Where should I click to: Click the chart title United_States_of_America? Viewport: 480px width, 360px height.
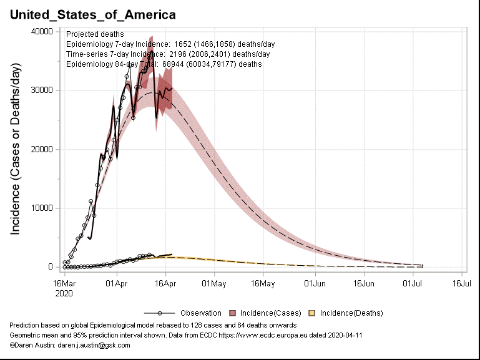coord(92,14)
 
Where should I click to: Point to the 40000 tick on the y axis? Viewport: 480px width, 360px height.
coord(42,32)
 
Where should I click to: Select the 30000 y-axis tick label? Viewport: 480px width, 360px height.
coord(42,90)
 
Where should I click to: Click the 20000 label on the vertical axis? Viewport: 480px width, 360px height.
coord(42,149)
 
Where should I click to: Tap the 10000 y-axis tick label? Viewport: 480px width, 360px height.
coord(42,208)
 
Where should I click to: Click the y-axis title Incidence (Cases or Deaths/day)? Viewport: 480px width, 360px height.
coord(16,149)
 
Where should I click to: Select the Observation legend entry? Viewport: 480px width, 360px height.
coord(200,313)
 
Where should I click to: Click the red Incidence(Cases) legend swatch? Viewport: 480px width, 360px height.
coord(233,313)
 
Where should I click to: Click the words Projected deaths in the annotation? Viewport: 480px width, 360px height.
coord(95,34)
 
